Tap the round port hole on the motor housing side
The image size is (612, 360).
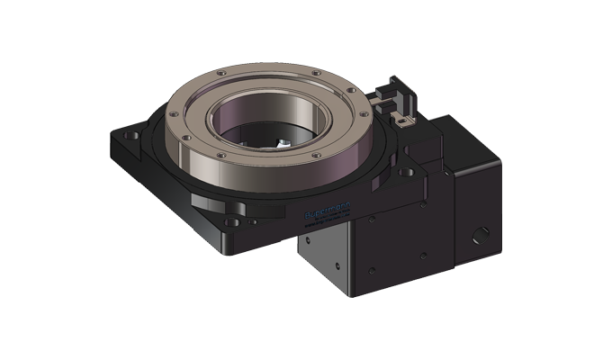pyautogui.click(x=481, y=235)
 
